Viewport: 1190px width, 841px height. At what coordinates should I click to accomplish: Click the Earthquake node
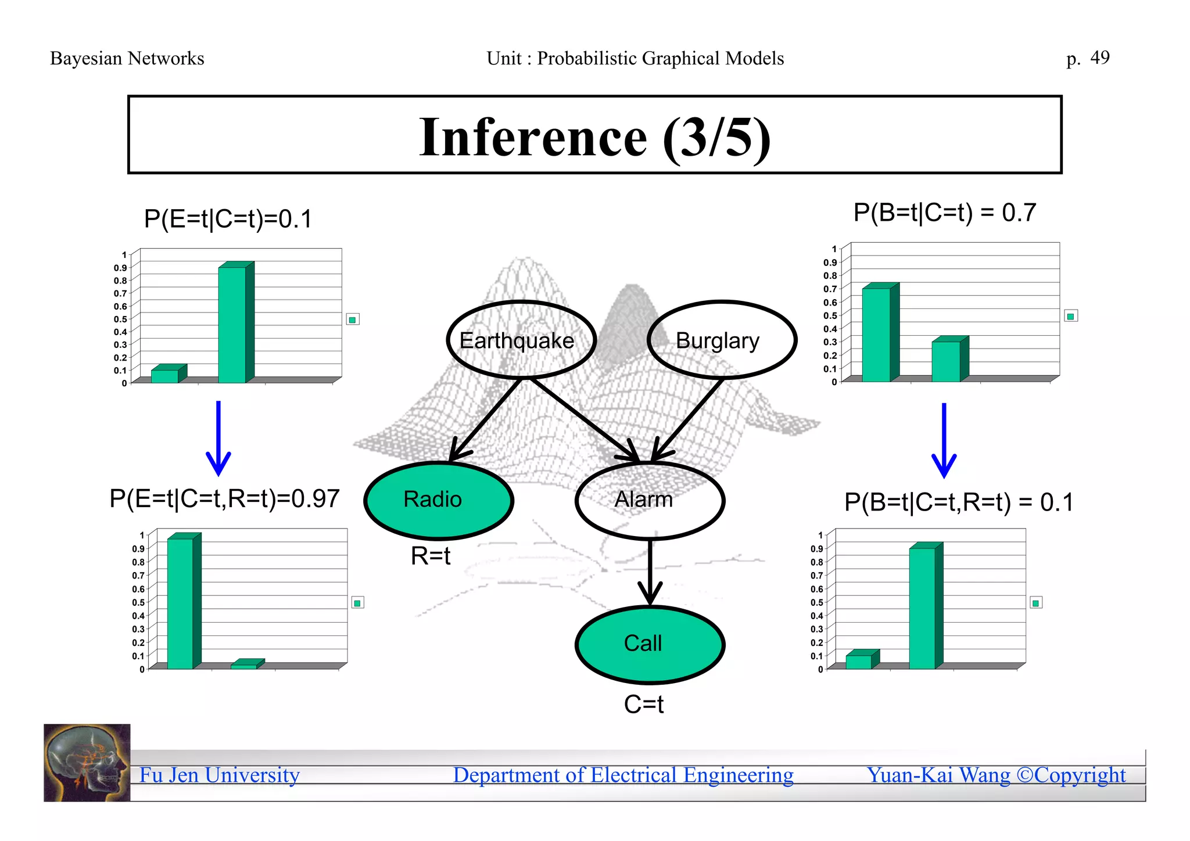click(521, 340)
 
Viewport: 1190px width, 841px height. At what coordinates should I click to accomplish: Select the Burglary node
click(721, 340)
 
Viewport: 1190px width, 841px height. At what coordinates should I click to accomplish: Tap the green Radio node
click(438, 500)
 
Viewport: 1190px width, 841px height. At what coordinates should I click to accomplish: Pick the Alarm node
click(649, 500)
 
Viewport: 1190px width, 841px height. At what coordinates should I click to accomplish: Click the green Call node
click(649, 644)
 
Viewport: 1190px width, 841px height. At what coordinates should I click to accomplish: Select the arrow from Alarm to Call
click(650, 572)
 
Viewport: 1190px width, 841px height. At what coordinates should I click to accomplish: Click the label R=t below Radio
click(431, 556)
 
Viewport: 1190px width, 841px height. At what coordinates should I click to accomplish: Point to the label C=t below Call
click(644, 705)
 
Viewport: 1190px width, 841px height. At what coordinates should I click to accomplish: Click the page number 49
click(1099, 57)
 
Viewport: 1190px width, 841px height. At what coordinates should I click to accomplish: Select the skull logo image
click(87, 762)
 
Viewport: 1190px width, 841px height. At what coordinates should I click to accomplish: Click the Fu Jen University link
click(219, 775)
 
